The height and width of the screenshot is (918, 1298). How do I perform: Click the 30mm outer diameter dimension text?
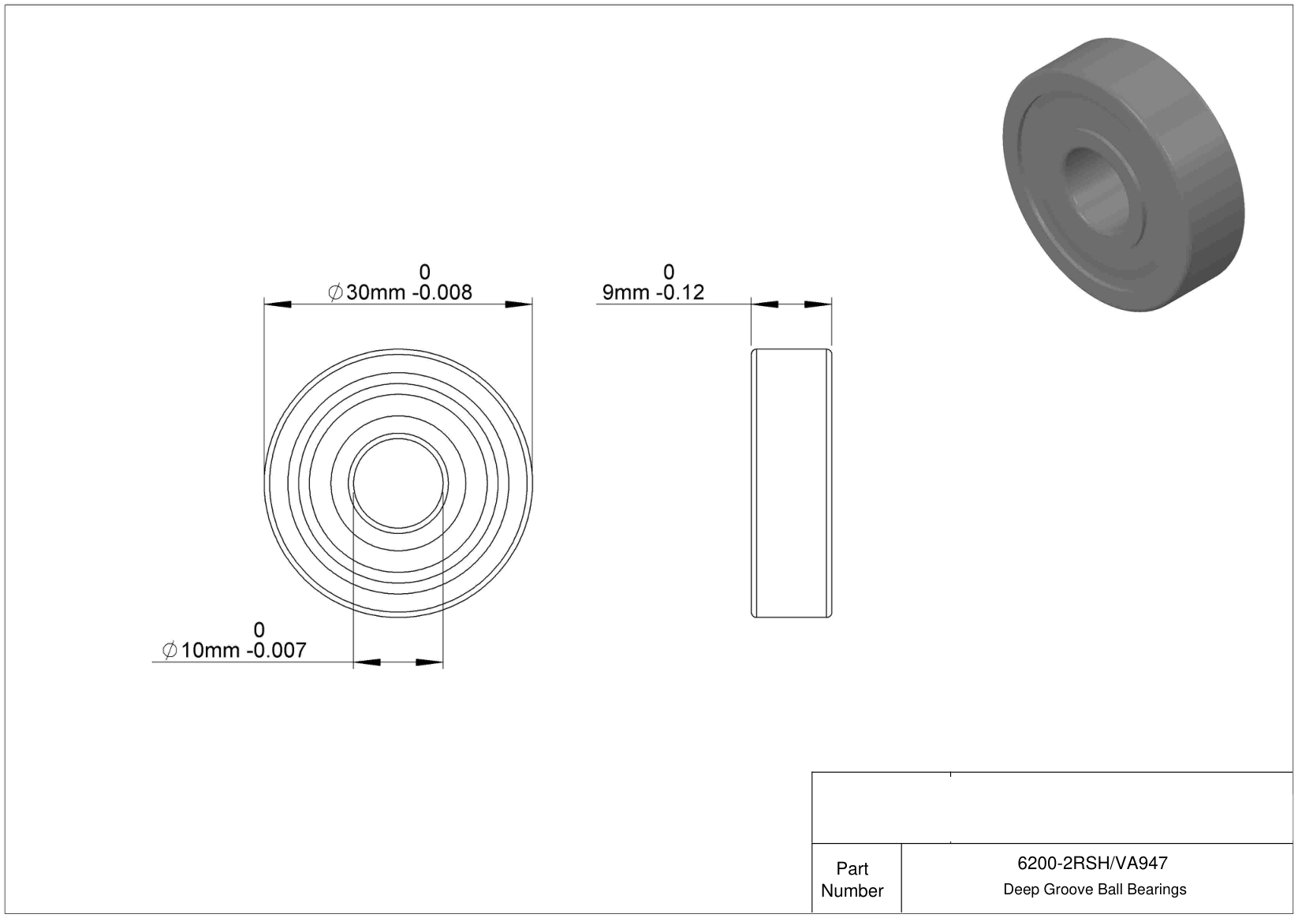point(375,292)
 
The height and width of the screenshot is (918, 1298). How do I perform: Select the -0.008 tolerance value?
point(442,292)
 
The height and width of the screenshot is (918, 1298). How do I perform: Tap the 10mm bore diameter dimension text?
point(211,650)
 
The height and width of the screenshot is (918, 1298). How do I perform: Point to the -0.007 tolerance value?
point(277,650)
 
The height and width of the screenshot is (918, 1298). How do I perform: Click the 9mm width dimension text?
point(626,292)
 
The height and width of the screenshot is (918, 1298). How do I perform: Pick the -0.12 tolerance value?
point(681,292)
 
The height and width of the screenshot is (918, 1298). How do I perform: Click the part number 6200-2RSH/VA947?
point(1092,863)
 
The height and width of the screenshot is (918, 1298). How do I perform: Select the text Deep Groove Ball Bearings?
point(1095,889)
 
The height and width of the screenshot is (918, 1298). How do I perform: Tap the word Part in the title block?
point(852,868)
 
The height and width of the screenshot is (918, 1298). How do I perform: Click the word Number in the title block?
point(852,890)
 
